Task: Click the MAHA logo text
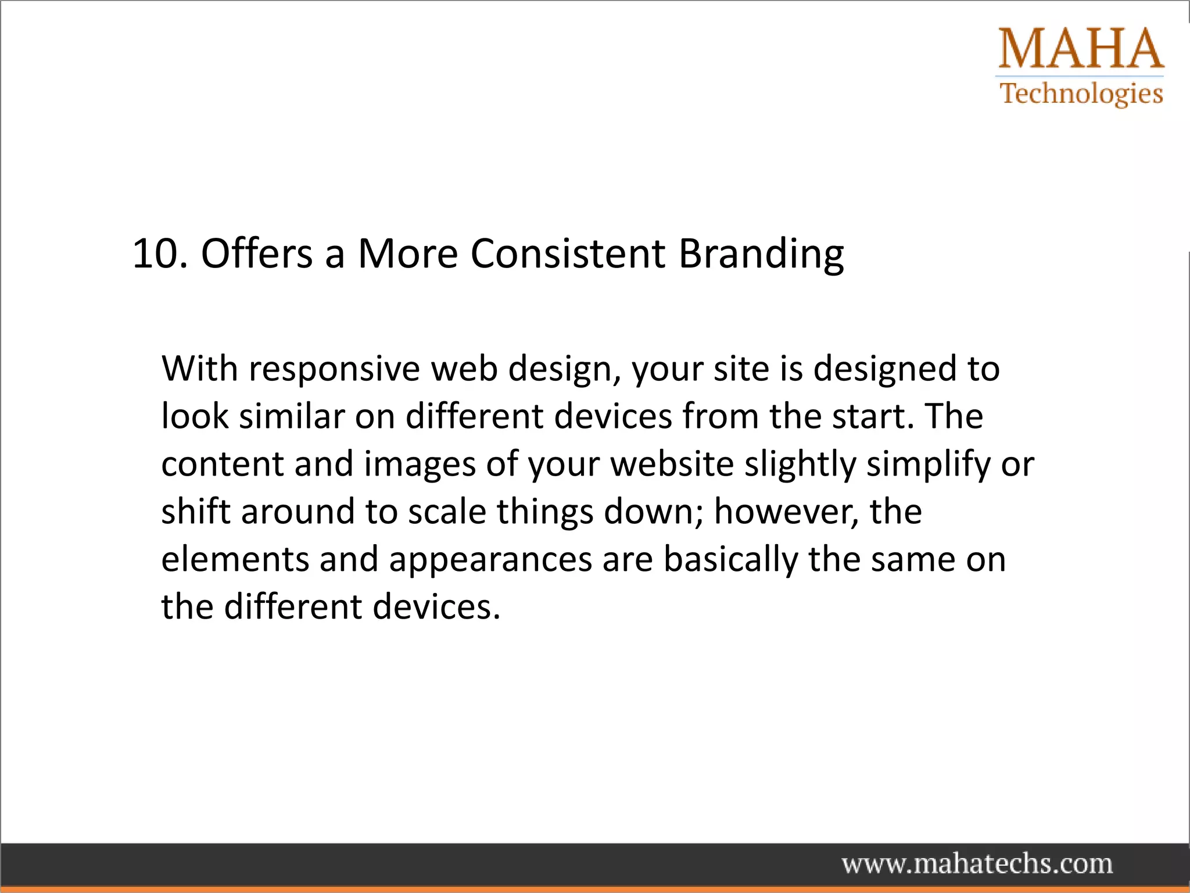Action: click(1081, 49)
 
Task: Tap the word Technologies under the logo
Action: click(1081, 94)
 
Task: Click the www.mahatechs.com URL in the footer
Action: click(977, 863)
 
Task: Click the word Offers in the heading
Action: click(256, 254)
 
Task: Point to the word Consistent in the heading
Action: click(567, 254)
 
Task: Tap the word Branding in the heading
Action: click(761, 255)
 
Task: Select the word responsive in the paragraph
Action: click(334, 370)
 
